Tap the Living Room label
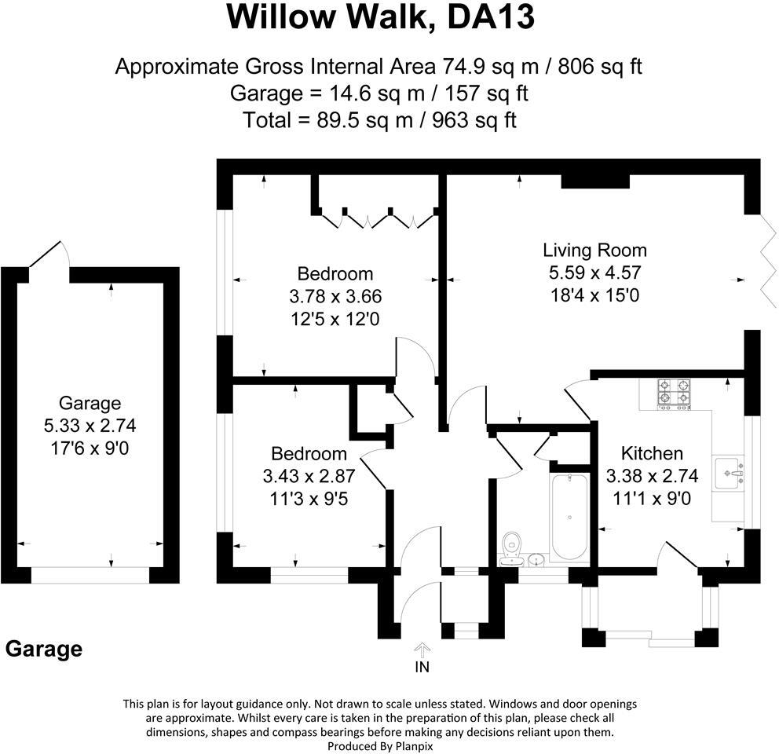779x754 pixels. (594, 251)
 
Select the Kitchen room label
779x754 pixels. (652, 453)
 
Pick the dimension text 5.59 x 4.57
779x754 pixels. (594, 273)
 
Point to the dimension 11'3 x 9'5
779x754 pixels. (309, 497)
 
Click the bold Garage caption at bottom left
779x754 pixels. (44, 650)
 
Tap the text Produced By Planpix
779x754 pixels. (380, 745)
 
